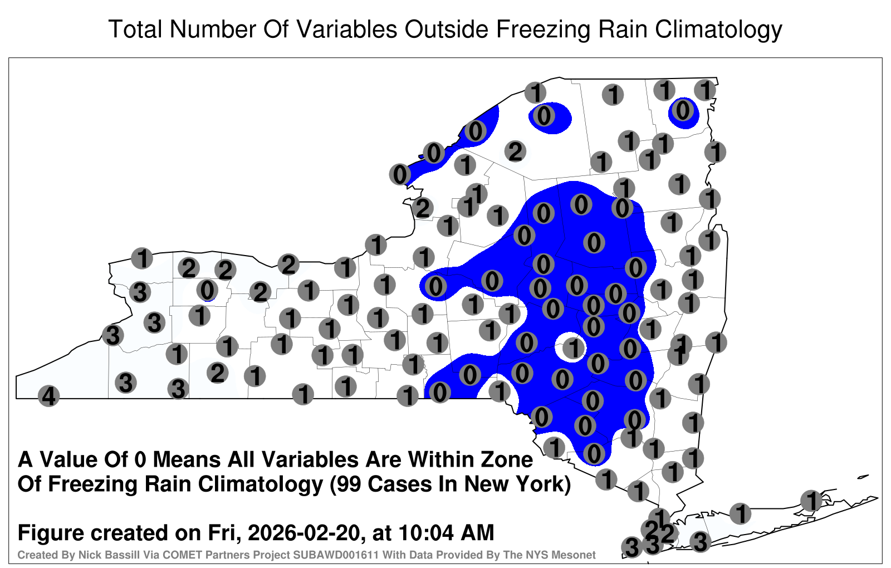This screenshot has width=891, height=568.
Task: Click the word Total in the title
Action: point(135,29)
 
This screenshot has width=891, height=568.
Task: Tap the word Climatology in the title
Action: point(718,30)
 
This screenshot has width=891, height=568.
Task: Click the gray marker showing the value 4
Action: point(48,396)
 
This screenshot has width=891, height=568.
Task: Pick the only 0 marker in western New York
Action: point(207,290)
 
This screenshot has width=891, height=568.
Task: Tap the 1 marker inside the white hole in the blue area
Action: point(574,348)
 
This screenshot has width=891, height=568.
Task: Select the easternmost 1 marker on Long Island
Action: point(811,501)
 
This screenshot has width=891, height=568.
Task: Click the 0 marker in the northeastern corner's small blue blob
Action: point(683,111)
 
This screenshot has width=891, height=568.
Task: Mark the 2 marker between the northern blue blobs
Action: point(516,151)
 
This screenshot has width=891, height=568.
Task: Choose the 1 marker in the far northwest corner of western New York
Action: point(142,258)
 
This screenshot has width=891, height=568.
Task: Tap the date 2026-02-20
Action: point(303,533)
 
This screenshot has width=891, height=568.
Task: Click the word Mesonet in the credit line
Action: point(577,555)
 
